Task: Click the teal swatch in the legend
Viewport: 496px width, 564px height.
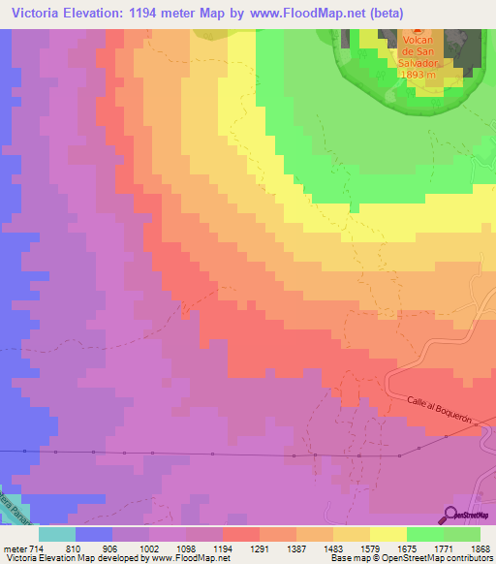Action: coord(56,533)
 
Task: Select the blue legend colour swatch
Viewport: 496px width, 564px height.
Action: coord(93,533)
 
